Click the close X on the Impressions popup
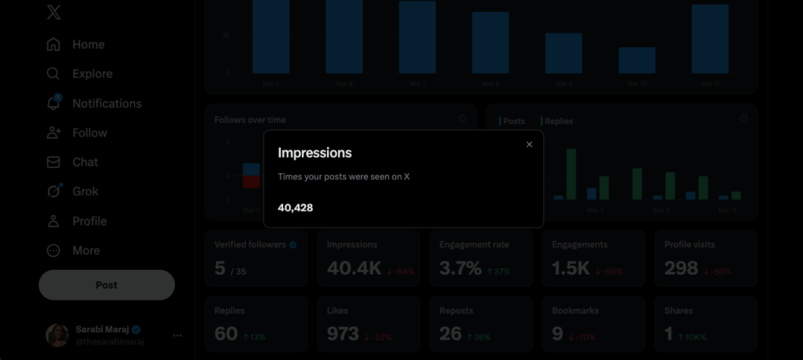tap(529, 144)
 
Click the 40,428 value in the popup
tap(296, 207)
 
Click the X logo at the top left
tap(53, 13)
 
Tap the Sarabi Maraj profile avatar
tap(56, 335)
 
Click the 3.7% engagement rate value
tap(460, 268)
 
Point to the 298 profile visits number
tap(681, 268)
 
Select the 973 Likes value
tap(343, 333)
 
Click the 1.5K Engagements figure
tap(570, 268)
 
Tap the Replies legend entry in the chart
tap(558, 122)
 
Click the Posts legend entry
tap(513, 122)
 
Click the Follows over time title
tap(250, 120)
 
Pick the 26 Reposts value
tap(450, 333)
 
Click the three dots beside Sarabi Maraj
tap(177, 336)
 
